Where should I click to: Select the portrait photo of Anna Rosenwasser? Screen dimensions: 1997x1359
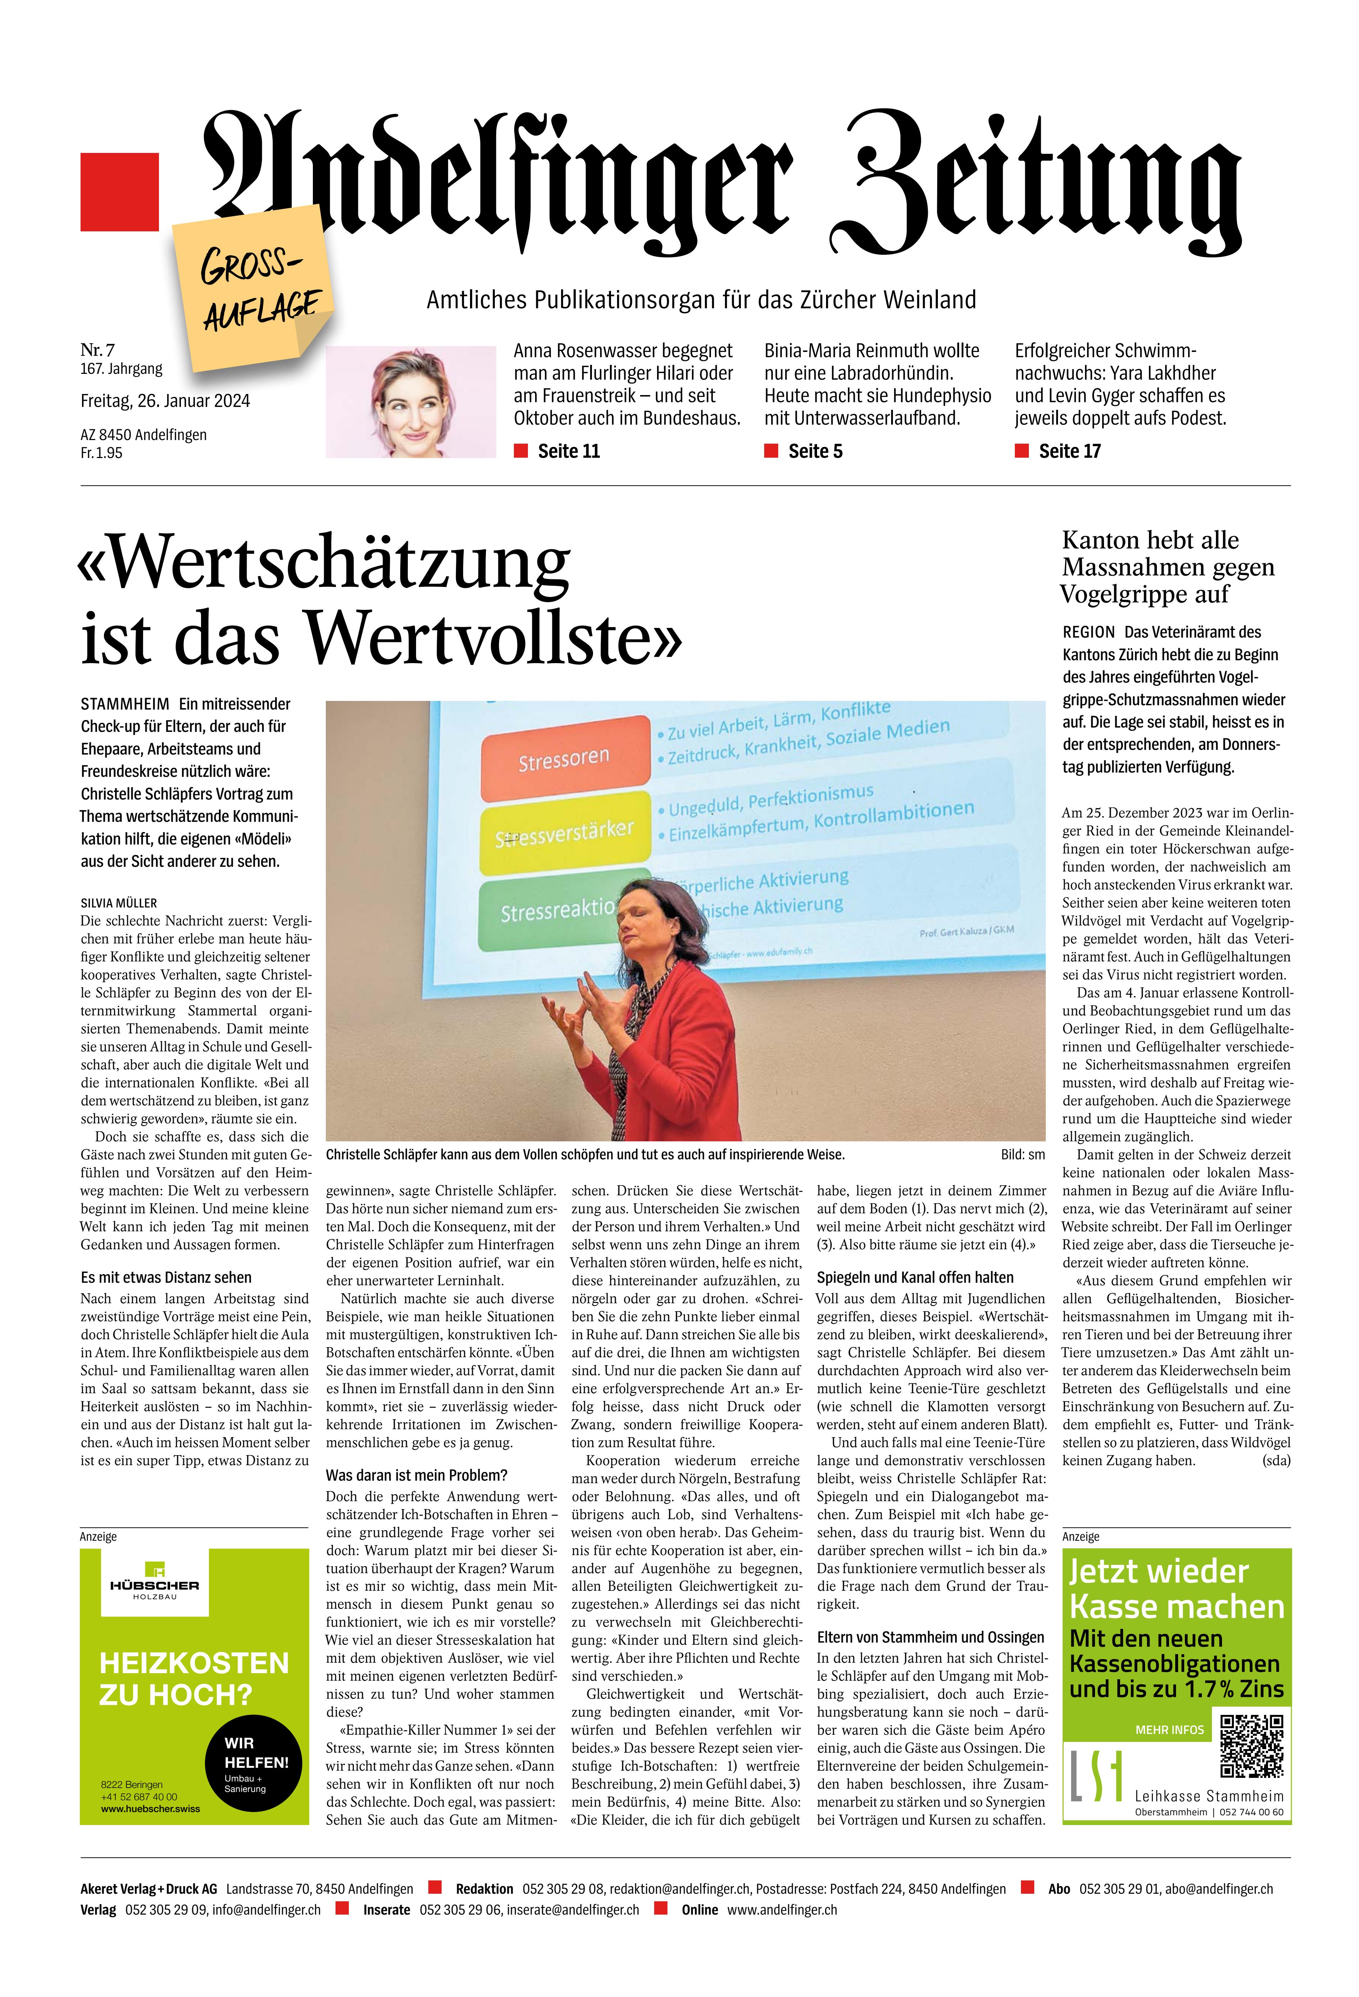pos(411,401)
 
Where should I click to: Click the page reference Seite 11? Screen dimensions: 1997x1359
pos(568,451)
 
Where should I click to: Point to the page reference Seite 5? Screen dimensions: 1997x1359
pos(815,451)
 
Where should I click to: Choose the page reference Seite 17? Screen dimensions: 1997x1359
pos(1069,451)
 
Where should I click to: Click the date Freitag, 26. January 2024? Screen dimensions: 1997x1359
pos(165,400)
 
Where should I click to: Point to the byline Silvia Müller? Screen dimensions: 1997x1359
pos(119,903)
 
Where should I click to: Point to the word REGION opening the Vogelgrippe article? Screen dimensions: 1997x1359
pos(1089,631)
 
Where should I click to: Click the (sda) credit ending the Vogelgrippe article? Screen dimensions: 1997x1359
pos(1276,1460)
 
